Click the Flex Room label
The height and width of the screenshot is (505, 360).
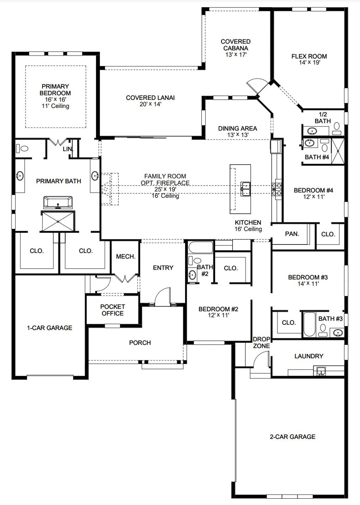309,56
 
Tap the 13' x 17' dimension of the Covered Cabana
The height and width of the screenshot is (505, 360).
236,55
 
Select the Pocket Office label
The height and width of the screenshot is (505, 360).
112,310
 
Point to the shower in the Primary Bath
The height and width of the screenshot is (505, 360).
58,222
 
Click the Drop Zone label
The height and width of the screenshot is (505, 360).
261,342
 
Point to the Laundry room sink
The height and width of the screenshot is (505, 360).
321,371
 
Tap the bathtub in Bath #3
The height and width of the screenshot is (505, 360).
309,324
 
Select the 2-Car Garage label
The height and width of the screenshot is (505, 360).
292,437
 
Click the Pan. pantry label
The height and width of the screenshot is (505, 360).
292,234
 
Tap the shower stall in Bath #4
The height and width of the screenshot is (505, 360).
338,151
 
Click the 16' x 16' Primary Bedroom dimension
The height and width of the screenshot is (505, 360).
55,100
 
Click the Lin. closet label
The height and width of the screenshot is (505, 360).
68,149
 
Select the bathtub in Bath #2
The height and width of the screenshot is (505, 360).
201,247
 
